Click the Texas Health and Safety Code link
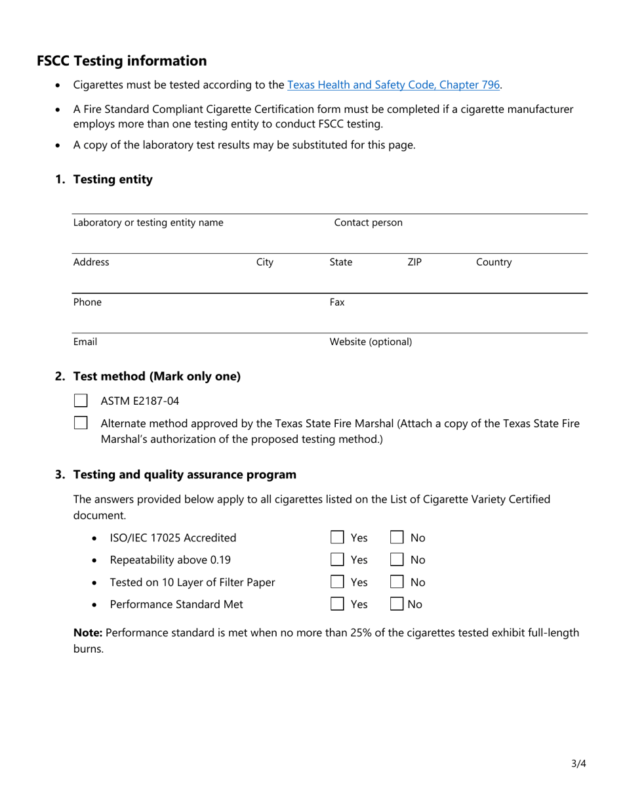coord(393,85)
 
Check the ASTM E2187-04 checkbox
coord(81,400)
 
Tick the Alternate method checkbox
coord(81,423)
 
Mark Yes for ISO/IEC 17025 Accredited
coord(337,537)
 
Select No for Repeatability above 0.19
coord(397,560)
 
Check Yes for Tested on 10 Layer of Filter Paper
coord(337,582)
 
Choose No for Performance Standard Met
coord(397,604)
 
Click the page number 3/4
coord(578,763)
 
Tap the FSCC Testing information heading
coord(121,61)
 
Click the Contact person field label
coord(368,222)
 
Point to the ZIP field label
coord(414,262)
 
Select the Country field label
coord(493,262)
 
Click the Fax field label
coord(336,302)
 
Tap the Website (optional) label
coord(371,342)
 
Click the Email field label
coord(85,342)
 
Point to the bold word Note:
coord(87,632)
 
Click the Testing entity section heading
coord(113,179)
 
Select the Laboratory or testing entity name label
coord(148,222)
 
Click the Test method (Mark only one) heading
coord(157,376)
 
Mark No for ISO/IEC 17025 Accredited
coord(397,537)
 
